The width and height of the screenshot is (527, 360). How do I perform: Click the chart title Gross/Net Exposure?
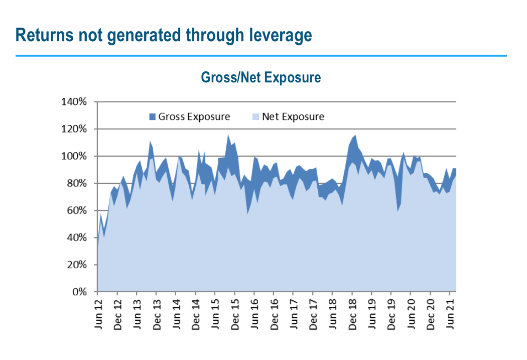point(260,78)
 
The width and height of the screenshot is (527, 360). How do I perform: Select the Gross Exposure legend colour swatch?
point(153,117)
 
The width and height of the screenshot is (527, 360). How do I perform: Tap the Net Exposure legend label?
point(293,117)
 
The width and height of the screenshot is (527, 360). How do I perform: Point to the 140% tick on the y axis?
point(74,102)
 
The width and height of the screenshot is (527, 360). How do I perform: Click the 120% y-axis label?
point(74,129)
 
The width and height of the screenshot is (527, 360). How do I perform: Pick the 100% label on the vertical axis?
point(74,156)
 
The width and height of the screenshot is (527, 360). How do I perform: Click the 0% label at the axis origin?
point(79,292)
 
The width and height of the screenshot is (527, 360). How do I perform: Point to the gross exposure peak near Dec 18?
point(355,136)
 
